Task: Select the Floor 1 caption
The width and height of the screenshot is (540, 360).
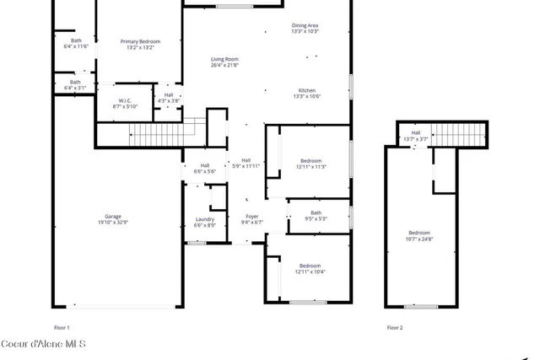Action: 62,327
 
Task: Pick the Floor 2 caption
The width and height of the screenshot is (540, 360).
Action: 395,327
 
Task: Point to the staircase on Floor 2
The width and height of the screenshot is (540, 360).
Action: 461,133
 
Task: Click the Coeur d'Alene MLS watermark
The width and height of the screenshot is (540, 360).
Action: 43,344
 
